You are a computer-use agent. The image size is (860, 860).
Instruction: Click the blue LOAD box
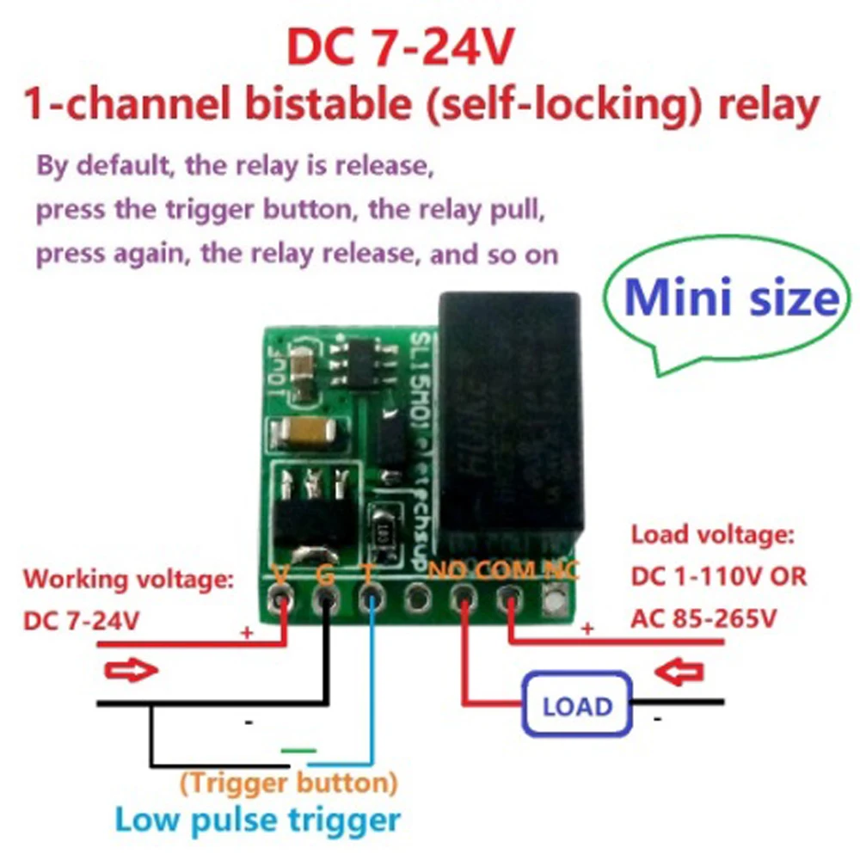tap(577, 706)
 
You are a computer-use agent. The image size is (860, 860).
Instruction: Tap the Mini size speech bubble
tap(729, 299)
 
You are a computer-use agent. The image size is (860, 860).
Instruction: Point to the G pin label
tap(325, 572)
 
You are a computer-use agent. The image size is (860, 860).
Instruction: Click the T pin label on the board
tap(368, 571)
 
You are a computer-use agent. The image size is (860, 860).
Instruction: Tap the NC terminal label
tap(561, 568)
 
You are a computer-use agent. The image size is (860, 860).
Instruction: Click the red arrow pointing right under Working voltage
tap(132, 670)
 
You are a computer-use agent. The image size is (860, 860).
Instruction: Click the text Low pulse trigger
tap(258, 818)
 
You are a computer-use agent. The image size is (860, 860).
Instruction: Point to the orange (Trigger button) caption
tap(289, 783)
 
